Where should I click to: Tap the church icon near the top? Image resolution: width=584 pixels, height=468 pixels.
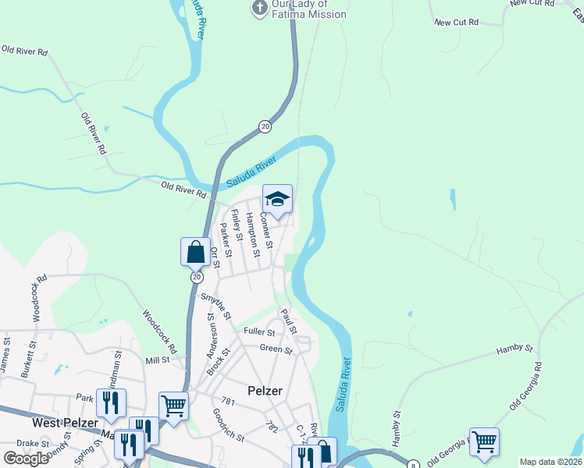coord(259,8)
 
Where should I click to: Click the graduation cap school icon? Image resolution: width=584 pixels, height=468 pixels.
coord(277,200)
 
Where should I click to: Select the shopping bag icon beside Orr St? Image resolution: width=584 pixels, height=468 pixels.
coord(195,253)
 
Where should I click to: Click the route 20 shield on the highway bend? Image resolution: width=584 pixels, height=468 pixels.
coord(265,126)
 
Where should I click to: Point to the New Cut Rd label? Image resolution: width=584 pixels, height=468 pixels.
coord(456,23)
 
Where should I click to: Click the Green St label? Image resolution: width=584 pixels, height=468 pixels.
coord(276,349)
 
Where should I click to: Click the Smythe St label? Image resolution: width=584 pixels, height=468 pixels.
coord(216,305)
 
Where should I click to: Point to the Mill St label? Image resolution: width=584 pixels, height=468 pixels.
coord(158,360)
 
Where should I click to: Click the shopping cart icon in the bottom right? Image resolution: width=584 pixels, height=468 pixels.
coord(484,442)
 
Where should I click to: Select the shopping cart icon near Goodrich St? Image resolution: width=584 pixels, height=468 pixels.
coord(173,406)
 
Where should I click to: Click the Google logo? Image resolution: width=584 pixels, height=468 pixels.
coord(27,458)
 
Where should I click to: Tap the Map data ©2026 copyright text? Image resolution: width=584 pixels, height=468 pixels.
coord(550,462)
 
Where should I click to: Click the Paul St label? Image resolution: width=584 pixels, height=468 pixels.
coord(289,321)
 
